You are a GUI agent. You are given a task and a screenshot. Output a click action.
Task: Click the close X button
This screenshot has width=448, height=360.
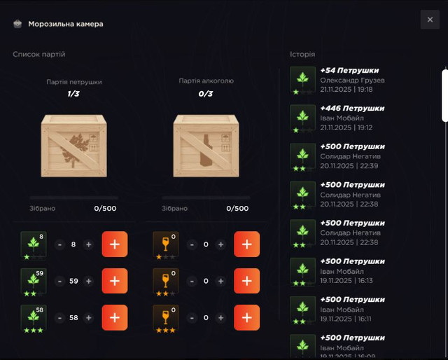430,20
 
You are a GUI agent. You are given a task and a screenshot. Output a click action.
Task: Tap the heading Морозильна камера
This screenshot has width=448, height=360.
66,24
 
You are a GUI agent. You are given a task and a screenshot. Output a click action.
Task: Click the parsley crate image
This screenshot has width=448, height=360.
73,146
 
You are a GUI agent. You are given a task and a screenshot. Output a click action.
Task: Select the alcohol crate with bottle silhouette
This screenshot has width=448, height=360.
206,146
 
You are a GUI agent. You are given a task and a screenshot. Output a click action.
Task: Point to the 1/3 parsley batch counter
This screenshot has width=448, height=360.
73,94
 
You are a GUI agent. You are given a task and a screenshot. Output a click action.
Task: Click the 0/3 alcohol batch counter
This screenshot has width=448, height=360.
206,94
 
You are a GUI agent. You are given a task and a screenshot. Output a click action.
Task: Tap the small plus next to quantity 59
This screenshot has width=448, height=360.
89,281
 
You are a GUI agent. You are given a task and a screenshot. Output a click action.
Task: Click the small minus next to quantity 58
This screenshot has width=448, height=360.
59,318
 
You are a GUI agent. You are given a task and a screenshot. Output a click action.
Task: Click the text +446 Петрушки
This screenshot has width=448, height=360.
352,109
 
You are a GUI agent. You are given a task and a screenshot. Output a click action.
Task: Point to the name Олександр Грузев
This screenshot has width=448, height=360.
352,81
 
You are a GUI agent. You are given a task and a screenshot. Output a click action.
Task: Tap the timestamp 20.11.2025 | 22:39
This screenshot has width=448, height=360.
349,166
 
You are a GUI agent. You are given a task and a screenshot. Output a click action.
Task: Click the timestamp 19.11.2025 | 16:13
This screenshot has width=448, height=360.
346,281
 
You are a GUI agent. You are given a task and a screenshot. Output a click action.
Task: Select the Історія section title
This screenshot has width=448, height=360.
302,55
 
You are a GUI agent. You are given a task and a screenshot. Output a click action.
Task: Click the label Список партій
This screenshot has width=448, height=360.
39,55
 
